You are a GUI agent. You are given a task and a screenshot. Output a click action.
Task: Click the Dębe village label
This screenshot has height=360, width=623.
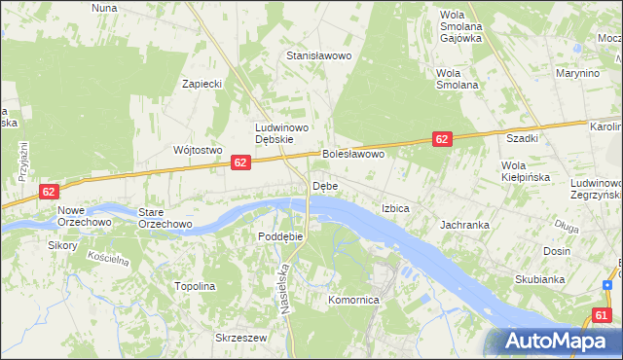[x=324, y=186]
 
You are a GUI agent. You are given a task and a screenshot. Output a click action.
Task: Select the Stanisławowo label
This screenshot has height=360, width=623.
[x=317, y=55]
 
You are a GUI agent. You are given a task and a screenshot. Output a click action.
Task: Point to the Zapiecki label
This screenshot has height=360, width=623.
[x=202, y=84]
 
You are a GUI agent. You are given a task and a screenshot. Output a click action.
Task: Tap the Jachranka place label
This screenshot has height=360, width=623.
[x=464, y=225]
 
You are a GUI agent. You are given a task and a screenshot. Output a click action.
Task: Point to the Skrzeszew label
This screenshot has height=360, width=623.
[x=240, y=338]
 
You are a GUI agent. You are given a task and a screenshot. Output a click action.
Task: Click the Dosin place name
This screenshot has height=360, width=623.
[x=557, y=250]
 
